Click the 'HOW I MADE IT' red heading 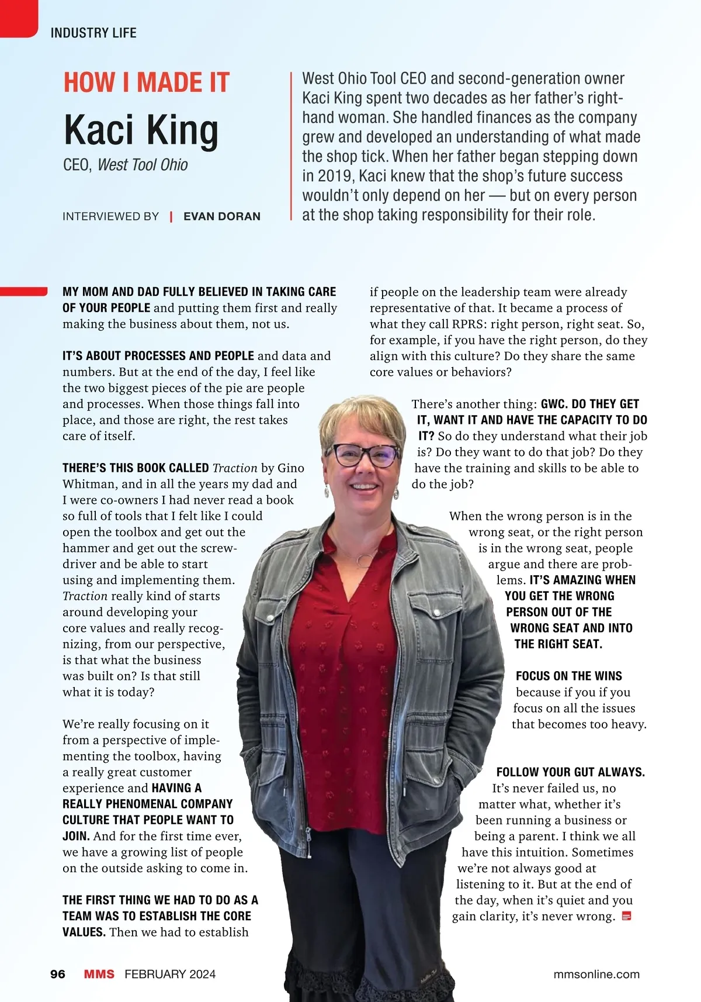[146, 82]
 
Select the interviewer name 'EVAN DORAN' [222, 216]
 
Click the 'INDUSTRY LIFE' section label [93, 33]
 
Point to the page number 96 [58, 974]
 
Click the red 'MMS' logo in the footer [99, 974]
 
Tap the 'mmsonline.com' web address [596, 974]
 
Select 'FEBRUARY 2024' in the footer [170, 974]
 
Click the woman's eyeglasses [363, 455]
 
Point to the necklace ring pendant [365, 559]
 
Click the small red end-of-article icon [627, 915]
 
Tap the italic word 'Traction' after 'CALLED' [235, 468]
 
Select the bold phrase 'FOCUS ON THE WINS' [568, 676]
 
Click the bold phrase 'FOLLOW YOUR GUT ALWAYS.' [570, 772]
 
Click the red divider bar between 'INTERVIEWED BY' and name [171, 216]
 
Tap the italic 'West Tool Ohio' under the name [143, 165]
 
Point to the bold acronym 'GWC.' [554, 404]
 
